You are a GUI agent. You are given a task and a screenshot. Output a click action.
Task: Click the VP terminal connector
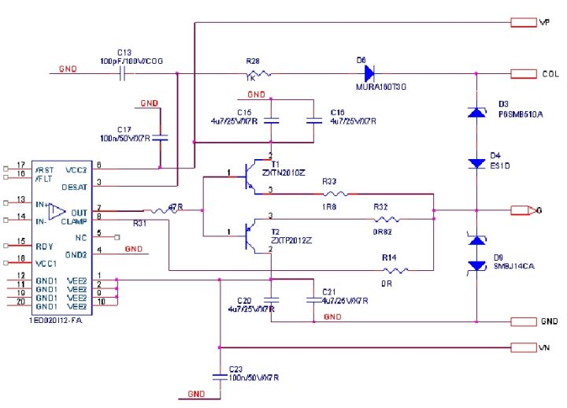click(524, 22)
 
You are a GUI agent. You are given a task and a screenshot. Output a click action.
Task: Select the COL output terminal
click(524, 74)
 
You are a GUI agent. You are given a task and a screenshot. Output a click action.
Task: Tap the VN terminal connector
click(524, 347)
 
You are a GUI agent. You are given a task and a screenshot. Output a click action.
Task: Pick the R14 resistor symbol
click(395, 270)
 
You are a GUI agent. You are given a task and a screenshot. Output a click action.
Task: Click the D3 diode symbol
click(476, 113)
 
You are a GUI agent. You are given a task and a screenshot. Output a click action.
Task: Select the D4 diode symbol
click(476, 163)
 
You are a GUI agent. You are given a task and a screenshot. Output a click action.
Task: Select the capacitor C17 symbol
click(161, 137)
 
